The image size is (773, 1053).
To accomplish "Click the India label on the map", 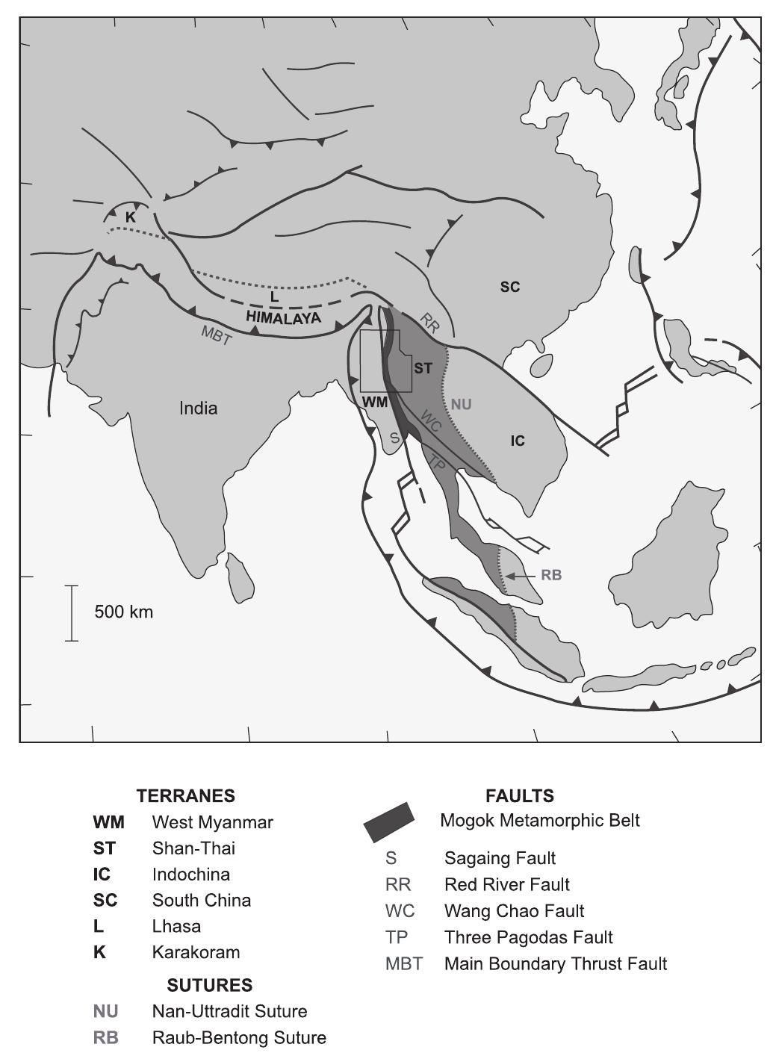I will click(x=199, y=409).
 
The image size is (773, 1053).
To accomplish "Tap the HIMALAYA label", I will click(x=284, y=318).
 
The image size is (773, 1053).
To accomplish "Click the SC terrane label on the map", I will click(x=510, y=287).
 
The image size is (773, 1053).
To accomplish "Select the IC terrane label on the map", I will click(x=518, y=441).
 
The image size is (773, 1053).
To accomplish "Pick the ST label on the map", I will click(x=423, y=368).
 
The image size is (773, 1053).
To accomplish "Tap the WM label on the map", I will click(x=375, y=402).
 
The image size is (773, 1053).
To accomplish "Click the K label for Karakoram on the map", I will click(x=131, y=217).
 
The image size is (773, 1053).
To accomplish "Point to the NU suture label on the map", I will click(x=461, y=405).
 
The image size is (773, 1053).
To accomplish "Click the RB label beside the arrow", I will click(x=551, y=576).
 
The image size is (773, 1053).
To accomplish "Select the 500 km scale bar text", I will click(x=123, y=612).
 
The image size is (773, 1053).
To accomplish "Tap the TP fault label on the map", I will click(x=438, y=464).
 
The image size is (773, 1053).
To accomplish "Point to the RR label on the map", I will click(x=429, y=323).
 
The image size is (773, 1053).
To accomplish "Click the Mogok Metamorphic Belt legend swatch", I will click(x=388, y=821).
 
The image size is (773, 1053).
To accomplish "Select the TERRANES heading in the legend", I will click(x=186, y=796).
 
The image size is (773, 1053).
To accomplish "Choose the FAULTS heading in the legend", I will click(x=520, y=796).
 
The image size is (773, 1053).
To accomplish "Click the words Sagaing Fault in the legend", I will click(x=500, y=859).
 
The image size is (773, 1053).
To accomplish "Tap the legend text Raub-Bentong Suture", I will click(x=239, y=1038).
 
